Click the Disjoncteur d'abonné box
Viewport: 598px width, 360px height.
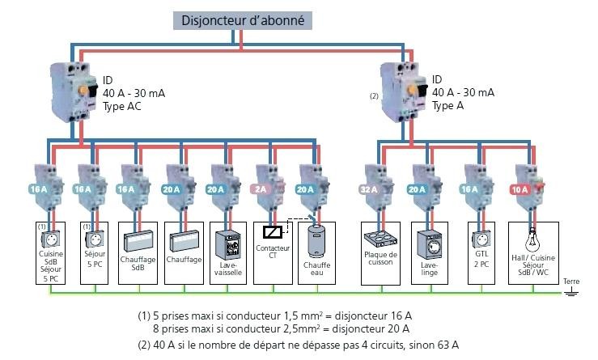click(x=243, y=21)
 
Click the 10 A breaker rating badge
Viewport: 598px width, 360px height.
click(x=520, y=189)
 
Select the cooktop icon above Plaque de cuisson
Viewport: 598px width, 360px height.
click(x=380, y=241)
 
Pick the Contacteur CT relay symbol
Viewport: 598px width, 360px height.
click(x=270, y=233)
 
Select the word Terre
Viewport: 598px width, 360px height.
click(x=572, y=282)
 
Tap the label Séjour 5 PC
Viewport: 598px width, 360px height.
click(x=94, y=259)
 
